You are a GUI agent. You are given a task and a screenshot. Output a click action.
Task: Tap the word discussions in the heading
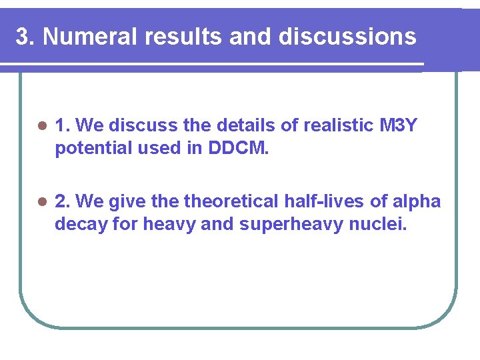click(347, 37)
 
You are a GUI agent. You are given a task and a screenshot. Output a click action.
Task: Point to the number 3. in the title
click(25, 37)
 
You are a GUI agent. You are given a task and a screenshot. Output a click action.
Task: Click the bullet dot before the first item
click(42, 126)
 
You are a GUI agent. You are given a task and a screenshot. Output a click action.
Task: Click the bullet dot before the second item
click(42, 202)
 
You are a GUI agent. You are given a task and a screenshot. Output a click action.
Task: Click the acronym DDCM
click(239, 148)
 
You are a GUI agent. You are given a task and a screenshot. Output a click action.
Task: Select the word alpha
click(419, 201)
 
